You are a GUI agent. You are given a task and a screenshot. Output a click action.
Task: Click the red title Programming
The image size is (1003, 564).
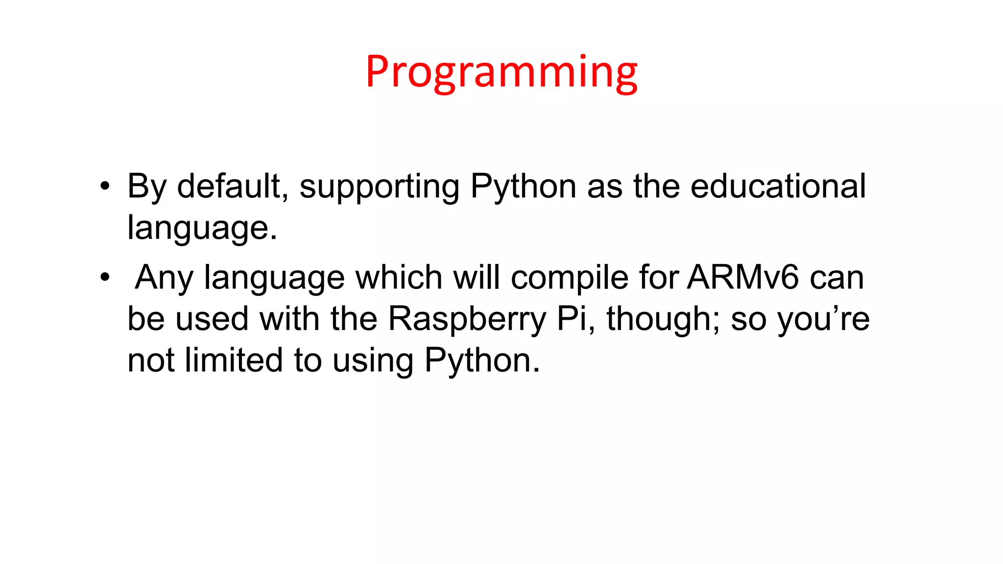pos(501,72)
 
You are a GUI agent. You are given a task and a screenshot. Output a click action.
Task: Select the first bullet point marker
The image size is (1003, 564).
pos(104,187)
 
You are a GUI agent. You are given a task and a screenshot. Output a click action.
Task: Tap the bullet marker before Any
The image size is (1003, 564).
pos(104,278)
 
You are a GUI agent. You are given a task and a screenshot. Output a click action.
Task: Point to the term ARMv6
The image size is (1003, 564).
pos(742,278)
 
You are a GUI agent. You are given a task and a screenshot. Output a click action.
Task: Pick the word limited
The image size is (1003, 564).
pos(234,361)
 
